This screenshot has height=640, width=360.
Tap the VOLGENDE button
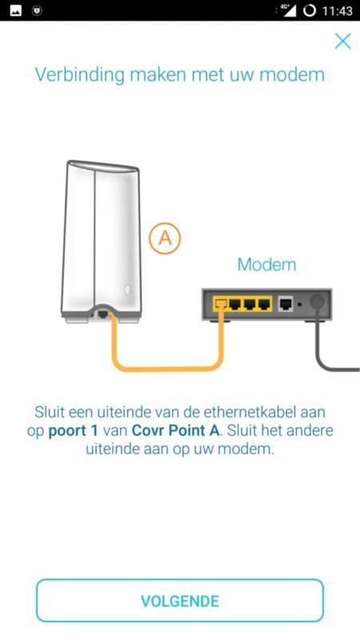(179, 601)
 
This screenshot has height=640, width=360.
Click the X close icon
(342, 41)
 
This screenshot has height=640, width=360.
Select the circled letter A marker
(165, 238)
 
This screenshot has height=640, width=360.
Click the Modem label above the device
(266, 265)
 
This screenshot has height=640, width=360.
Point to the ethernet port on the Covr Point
(103, 314)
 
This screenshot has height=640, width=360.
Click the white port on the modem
(286, 304)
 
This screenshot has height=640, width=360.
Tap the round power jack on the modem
(317, 302)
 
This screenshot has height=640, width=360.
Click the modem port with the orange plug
(221, 304)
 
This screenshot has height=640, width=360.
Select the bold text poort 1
(73, 431)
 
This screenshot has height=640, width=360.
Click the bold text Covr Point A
(175, 430)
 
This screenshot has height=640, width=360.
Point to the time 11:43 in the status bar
(337, 10)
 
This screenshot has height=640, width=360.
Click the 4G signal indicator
(286, 10)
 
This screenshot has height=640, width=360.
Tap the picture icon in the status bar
(15, 10)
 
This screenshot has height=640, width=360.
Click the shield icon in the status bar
(37, 10)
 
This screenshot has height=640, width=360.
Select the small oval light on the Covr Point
(128, 290)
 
